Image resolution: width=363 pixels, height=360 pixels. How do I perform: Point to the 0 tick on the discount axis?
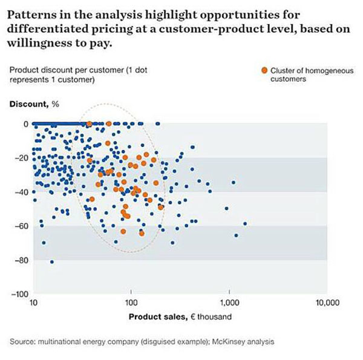(x=25, y=124)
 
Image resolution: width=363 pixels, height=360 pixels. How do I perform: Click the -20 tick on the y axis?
(x=22, y=158)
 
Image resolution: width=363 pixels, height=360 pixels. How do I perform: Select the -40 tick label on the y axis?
(x=22, y=192)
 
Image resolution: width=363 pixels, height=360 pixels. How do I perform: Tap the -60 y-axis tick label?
(x=22, y=226)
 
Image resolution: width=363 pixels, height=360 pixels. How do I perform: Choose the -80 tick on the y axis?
(x=22, y=260)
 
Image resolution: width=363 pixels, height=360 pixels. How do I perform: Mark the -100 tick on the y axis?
(x=21, y=294)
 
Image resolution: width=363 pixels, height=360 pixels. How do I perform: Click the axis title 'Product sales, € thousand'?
(x=180, y=316)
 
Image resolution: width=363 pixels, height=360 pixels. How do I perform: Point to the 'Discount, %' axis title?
(x=34, y=103)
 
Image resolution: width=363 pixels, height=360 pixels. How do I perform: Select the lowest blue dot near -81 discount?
(x=52, y=262)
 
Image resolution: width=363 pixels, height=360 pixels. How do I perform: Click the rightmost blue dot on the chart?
(x=245, y=224)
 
